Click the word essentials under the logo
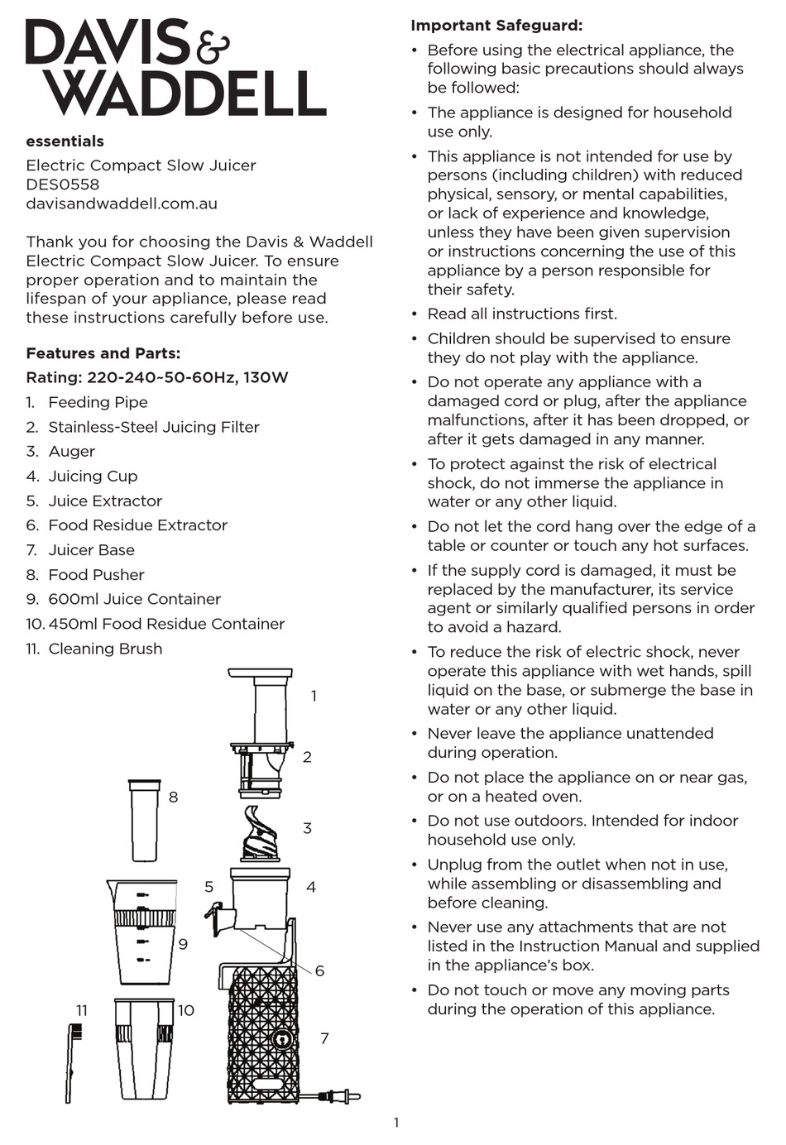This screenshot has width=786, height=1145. tap(65, 141)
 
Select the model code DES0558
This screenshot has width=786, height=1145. tap(62, 184)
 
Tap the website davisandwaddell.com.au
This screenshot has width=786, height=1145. tap(122, 204)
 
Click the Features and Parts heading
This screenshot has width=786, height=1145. tap(103, 353)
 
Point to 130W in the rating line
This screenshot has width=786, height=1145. tap(266, 378)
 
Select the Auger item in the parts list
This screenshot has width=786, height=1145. tap(71, 452)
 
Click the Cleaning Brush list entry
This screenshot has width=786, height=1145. tap(105, 649)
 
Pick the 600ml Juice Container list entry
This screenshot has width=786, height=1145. tap(134, 599)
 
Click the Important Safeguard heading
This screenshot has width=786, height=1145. tap(496, 26)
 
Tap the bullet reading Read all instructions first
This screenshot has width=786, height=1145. tap(521, 314)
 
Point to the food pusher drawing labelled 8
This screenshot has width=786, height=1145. tap(144, 820)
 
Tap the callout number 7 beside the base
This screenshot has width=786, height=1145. tap(324, 1038)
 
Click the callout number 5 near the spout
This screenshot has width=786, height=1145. tap(208, 887)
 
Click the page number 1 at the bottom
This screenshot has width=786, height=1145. tap(396, 1123)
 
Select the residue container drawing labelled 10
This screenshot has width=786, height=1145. tap(144, 1049)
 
